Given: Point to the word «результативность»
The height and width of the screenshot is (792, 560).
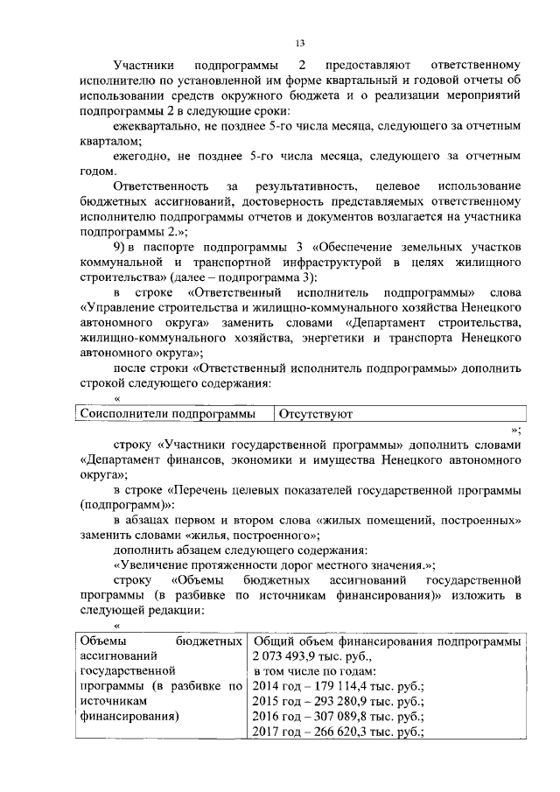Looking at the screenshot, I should point(307,186).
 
